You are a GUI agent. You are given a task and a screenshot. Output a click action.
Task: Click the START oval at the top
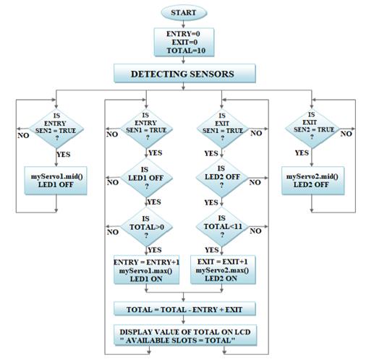coord(184,12)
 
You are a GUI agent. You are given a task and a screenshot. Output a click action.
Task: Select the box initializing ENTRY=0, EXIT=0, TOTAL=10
coord(184,43)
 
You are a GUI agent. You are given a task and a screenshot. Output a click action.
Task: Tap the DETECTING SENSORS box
coord(184,74)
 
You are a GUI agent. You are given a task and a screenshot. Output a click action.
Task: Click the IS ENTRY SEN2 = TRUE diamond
coord(56,129)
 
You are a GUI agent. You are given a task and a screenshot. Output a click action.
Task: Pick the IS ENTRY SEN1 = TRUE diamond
coord(146,129)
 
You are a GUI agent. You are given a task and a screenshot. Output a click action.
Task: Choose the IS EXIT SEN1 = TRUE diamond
coord(222,129)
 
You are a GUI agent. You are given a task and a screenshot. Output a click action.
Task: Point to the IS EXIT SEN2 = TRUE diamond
coord(312,129)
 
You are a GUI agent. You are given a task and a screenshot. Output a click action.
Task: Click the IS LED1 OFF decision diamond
coord(146,178)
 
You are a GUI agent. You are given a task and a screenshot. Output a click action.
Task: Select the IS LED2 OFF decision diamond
coord(222,178)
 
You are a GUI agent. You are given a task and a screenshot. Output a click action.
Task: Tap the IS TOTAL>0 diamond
coord(146,227)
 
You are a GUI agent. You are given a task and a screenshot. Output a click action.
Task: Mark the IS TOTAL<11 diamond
coord(222,226)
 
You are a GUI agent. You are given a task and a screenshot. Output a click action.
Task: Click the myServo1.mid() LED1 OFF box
coord(56,181)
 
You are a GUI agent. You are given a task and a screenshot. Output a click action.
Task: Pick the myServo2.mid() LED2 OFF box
coord(313,181)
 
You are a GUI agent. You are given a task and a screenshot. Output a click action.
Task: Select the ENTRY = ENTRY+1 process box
coord(146,270)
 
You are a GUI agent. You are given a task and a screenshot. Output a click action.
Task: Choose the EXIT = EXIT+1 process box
coord(223,270)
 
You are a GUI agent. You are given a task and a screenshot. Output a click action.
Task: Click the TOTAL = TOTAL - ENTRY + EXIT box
coord(184,309)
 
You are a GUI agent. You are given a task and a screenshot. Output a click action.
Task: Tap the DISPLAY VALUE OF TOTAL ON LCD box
coord(185,335)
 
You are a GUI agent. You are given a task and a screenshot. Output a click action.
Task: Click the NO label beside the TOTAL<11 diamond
coord(255,231)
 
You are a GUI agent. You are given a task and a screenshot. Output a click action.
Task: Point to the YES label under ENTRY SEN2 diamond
coord(64,154)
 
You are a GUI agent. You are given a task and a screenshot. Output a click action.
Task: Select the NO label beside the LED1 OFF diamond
coord(113,182)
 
